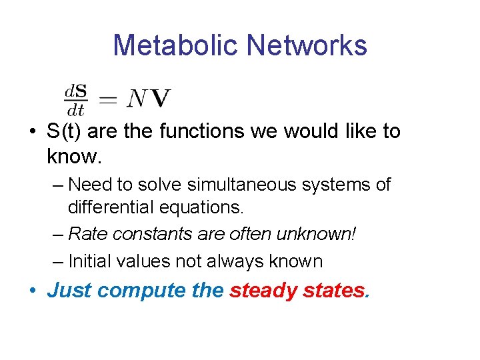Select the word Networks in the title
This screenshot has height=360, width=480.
coord(307,45)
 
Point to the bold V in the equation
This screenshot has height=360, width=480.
coord(160,99)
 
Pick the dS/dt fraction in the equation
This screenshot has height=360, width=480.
coord(76,99)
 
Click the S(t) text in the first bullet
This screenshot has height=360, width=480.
coord(65,131)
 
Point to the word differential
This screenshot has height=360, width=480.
coord(110,207)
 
